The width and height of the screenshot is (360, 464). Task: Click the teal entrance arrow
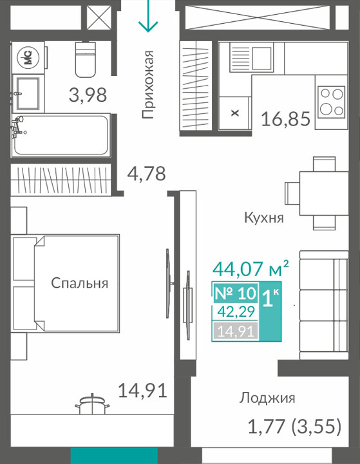[x=148, y=15]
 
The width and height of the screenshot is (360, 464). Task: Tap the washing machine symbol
[x=28, y=57]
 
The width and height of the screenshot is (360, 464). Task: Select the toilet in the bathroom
[x=86, y=59]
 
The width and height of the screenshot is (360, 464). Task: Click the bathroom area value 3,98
[x=88, y=95]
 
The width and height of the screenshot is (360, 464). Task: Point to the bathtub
[x=61, y=135]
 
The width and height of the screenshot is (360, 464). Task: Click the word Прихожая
[x=148, y=85]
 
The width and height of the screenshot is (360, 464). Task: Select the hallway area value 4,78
[x=146, y=173]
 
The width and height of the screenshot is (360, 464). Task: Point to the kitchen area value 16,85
[x=286, y=118]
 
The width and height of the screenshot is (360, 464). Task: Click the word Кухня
[x=264, y=218]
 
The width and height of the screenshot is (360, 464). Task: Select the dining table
[x=323, y=193]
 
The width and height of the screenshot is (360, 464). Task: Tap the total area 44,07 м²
[x=251, y=269]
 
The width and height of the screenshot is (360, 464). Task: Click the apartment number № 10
[x=235, y=293]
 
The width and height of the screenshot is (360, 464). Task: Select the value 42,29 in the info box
[x=236, y=311]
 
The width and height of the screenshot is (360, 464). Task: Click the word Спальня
[x=80, y=283]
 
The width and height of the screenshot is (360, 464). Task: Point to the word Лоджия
[x=267, y=398]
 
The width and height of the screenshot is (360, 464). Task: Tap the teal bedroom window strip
[x=114, y=456]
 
